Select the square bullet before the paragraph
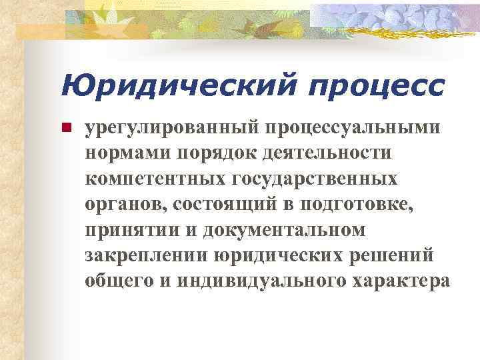pyautogui.click(x=65, y=127)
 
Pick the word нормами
pyautogui.click(x=129, y=153)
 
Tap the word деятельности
pyautogui.click(x=326, y=153)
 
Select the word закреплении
pyautogui.click(x=147, y=256)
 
